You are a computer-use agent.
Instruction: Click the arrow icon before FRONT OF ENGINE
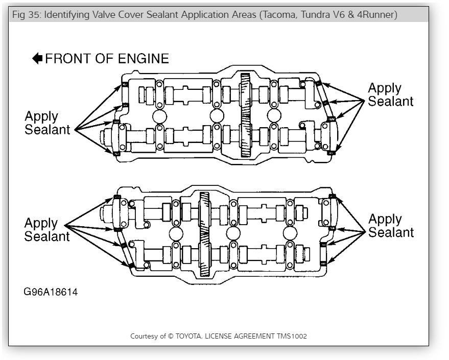pyautogui.click(x=37, y=59)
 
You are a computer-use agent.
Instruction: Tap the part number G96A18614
pyautogui.click(x=51, y=293)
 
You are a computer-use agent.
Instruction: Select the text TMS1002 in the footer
pyautogui.click(x=293, y=336)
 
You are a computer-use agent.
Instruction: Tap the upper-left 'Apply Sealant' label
pyautogui.click(x=48, y=123)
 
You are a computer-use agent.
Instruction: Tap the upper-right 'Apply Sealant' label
pyautogui.click(x=391, y=94)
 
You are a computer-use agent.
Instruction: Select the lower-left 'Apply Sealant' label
pyautogui.click(x=48, y=230)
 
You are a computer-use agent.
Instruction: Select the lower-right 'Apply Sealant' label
pyautogui.click(x=391, y=226)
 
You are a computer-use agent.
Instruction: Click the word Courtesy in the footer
pyautogui.click(x=145, y=336)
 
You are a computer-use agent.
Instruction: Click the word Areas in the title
pyautogui.click(x=241, y=14)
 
